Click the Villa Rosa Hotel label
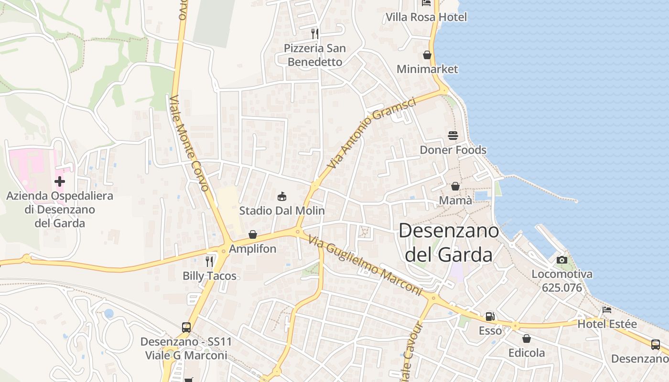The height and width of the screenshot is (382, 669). coord(426,17)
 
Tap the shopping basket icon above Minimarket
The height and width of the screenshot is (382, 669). coord(427,55)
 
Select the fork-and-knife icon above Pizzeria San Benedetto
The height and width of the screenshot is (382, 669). coord(314,33)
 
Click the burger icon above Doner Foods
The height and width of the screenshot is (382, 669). coord(453,136)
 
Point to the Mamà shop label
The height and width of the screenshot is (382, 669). coord(455,200)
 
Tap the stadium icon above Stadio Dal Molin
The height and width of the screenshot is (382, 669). coord(282,196)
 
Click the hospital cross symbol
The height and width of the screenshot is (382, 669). coord(60,181)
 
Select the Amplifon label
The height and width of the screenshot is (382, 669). coord(253,249)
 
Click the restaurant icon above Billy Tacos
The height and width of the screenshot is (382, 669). coord(209,261)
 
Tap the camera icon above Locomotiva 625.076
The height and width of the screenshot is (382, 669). coord(562,260)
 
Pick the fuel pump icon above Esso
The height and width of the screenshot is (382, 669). coord(490,317)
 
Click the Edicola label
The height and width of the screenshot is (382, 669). coord(526,353)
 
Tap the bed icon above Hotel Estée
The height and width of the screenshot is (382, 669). coord(607,310)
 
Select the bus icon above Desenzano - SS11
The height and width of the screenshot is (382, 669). coord(186,328)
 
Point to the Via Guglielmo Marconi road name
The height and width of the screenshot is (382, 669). coord(366,265)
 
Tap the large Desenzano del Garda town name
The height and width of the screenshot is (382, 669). coord(449,243)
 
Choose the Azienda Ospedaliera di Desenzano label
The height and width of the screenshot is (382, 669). coord(60,209)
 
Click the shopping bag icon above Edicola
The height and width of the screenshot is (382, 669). coord(526,339)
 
